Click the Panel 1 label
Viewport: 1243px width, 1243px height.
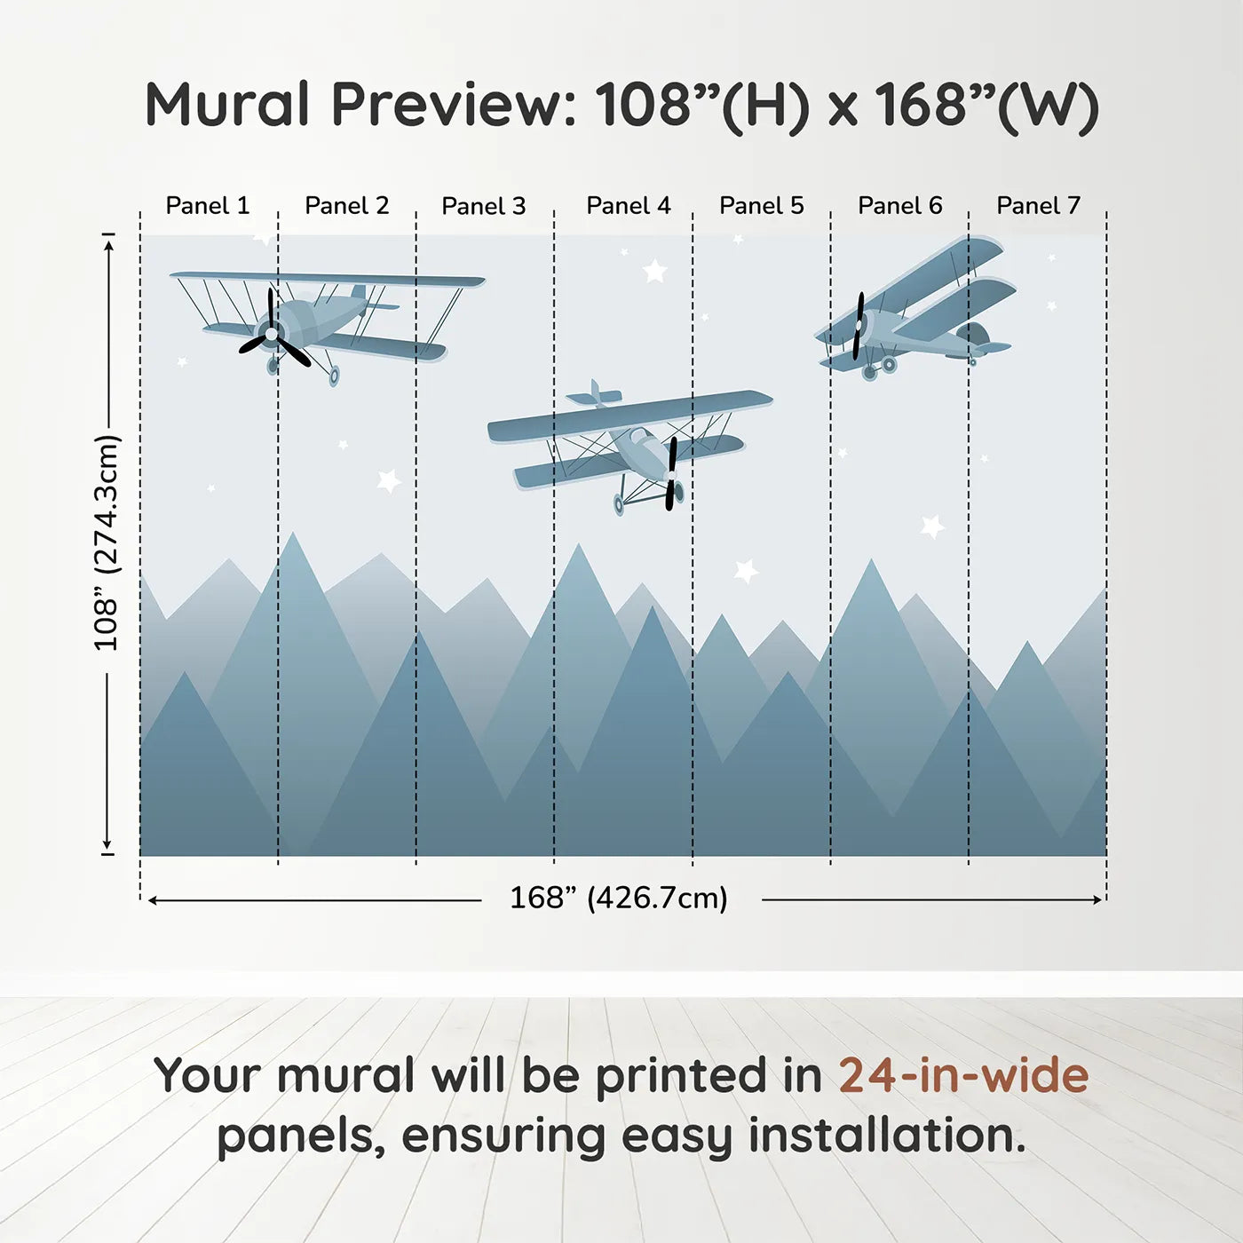pos(207,206)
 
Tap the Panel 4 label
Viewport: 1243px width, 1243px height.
pos(628,206)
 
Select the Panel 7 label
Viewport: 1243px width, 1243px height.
pos(1038,206)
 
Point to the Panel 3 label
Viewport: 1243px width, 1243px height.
pos(483,206)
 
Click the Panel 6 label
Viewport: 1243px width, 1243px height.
pos(899,206)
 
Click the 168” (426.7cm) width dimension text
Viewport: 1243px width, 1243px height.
pos(618,898)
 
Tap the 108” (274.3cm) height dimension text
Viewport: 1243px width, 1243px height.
pos(107,543)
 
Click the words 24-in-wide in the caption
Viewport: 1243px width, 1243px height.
pos(963,1075)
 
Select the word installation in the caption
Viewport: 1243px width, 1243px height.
pos(885,1136)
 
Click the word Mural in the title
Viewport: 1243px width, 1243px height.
pos(227,105)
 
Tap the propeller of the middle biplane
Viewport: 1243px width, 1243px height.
pos(671,473)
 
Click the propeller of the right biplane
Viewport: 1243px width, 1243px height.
pos(858,326)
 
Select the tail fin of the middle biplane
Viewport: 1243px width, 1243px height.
pos(595,393)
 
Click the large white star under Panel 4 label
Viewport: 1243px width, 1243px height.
pos(654,271)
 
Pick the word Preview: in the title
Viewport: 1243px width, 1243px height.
pos(454,105)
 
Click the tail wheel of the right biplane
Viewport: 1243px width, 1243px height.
pos(973,361)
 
